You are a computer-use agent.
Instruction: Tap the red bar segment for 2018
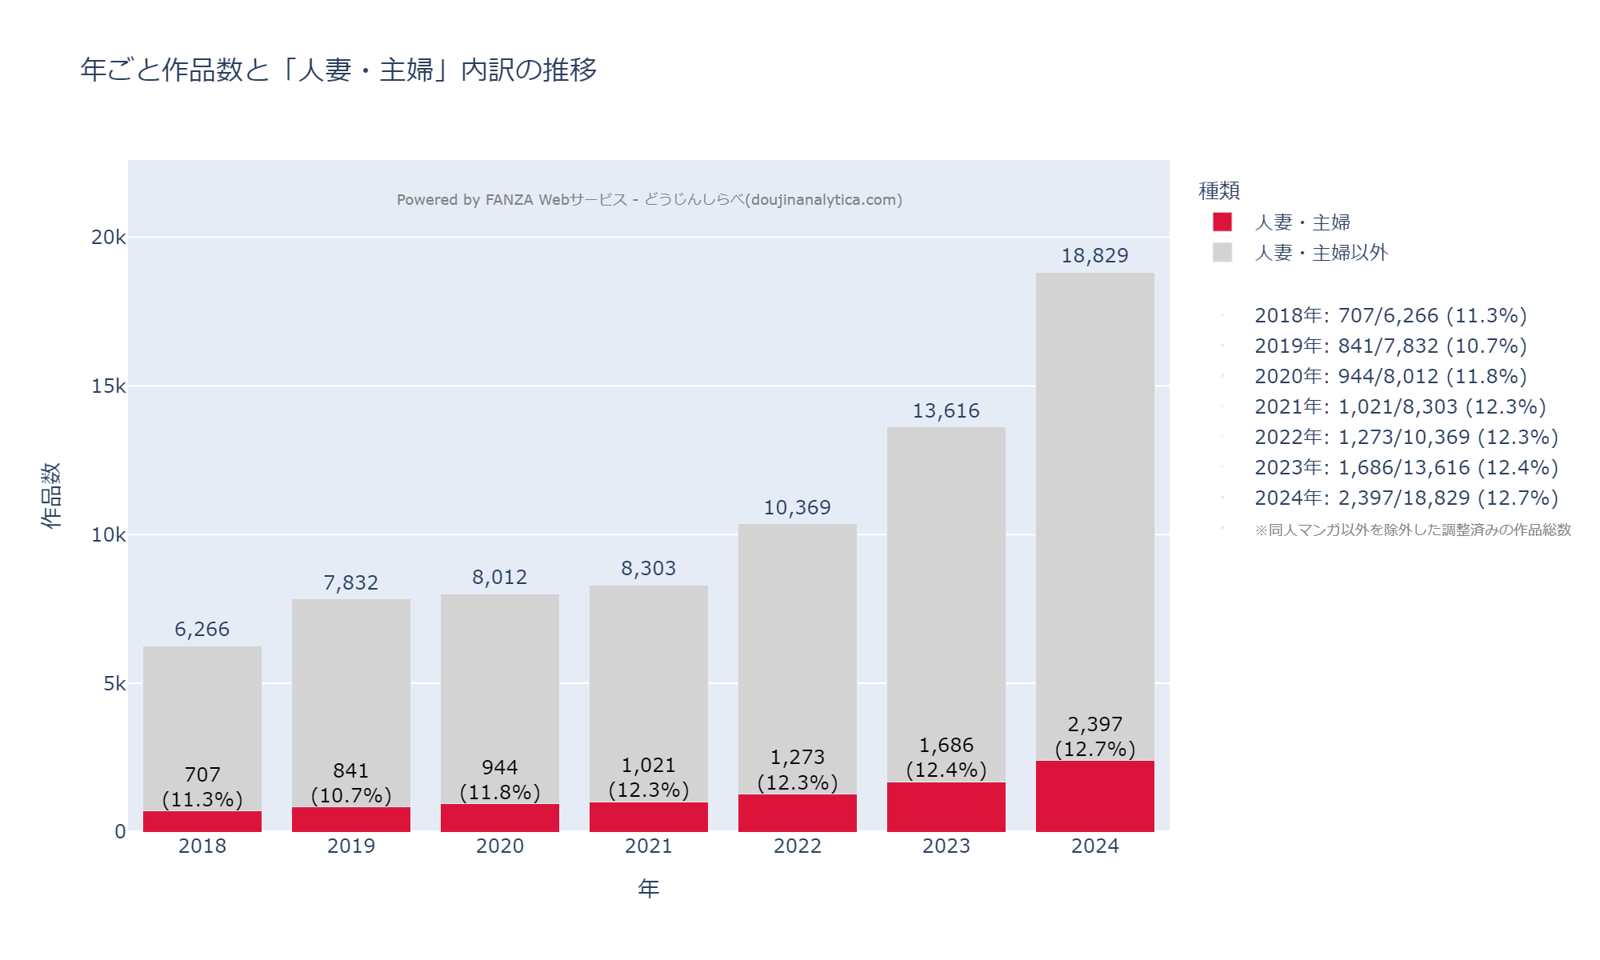click(202, 822)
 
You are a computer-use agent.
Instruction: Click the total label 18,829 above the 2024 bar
click(1094, 256)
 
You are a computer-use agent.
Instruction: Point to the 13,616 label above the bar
click(946, 411)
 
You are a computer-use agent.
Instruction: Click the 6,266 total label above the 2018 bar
click(202, 630)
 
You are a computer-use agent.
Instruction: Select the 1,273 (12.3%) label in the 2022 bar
click(797, 770)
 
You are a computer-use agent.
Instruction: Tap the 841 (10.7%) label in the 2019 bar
click(351, 783)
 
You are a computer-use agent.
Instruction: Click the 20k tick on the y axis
click(109, 238)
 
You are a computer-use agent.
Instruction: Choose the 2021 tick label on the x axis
click(648, 846)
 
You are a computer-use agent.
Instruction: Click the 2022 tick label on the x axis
click(797, 846)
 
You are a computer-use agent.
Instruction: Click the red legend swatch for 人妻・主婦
click(1222, 222)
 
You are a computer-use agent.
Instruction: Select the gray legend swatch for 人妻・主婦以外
click(1222, 253)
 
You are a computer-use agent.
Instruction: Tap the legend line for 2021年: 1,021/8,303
click(1399, 407)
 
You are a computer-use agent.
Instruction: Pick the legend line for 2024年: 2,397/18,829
click(1406, 498)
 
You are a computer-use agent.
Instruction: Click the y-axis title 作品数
click(51, 495)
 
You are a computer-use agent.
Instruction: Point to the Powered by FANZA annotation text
click(649, 200)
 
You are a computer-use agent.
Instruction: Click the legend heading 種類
click(1218, 191)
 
